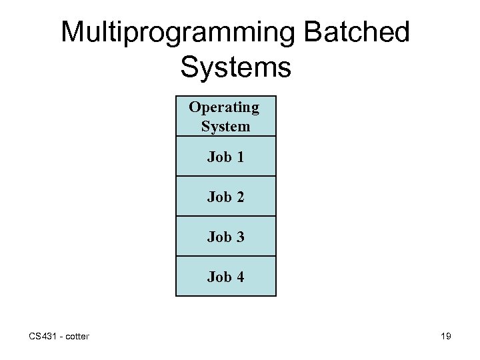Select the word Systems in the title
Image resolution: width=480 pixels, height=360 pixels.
coord(235,67)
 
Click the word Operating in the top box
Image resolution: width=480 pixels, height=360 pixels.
coord(224,107)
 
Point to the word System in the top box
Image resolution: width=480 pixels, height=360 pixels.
coord(225,126)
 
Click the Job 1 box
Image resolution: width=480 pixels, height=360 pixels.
coord(225,157)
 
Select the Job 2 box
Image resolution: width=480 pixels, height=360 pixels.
coord(225,197)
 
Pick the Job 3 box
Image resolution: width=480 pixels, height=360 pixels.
coord(225,237)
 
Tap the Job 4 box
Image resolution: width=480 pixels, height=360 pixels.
coord(225,277)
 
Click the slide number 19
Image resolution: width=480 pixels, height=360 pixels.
coord(445,336)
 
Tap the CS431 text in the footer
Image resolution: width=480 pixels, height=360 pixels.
coord(42,336)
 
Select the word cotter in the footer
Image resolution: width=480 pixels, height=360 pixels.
coord(77,336)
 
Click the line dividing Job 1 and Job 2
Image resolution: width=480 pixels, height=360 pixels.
coord(225,176)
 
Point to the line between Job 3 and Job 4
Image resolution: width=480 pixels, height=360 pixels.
coord(225,256)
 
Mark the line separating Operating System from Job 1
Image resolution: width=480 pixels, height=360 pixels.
coord(225,136)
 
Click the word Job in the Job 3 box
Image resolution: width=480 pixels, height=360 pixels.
coord(218,237)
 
